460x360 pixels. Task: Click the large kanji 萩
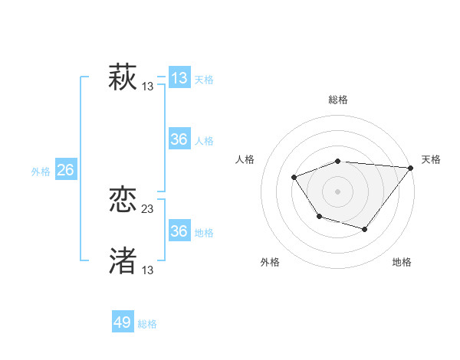pos(123,77)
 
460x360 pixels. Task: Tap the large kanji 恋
pos(123,201)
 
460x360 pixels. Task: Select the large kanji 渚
pos(123,260)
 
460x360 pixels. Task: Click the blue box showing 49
pos(123,322)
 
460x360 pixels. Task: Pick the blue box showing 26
pos(65,170)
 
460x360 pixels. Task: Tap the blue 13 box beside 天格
pos(179,78)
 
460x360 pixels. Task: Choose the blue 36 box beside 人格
pos(179,139)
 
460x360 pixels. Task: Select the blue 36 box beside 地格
pos(179,231)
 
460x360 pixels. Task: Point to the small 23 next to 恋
pos(148,209)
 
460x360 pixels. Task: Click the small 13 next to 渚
pos(148,270)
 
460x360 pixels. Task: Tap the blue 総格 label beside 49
pos(147,324)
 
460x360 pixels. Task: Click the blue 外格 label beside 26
pos(41,172)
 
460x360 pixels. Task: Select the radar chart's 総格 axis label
pos(338,100)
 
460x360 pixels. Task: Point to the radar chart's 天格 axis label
pos(431,159)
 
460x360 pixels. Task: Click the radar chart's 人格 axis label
pos(245,159)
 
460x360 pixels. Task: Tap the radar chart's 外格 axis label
pos(270,263)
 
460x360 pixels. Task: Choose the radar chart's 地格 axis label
pos(402,263)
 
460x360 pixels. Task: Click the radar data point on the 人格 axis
pos(294,178)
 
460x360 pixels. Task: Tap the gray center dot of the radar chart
pos(338,191)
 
